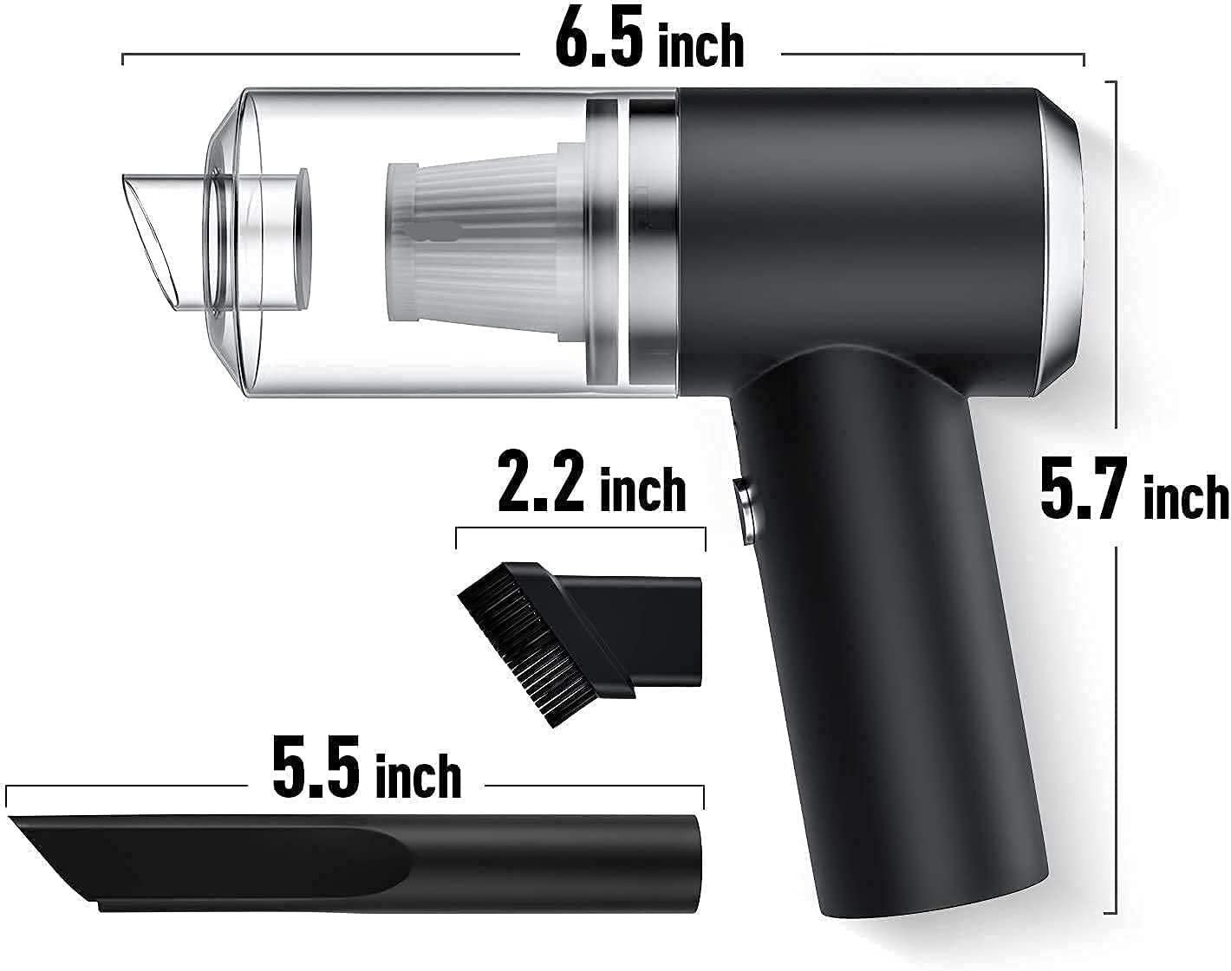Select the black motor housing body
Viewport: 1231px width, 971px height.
(858, 234)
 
